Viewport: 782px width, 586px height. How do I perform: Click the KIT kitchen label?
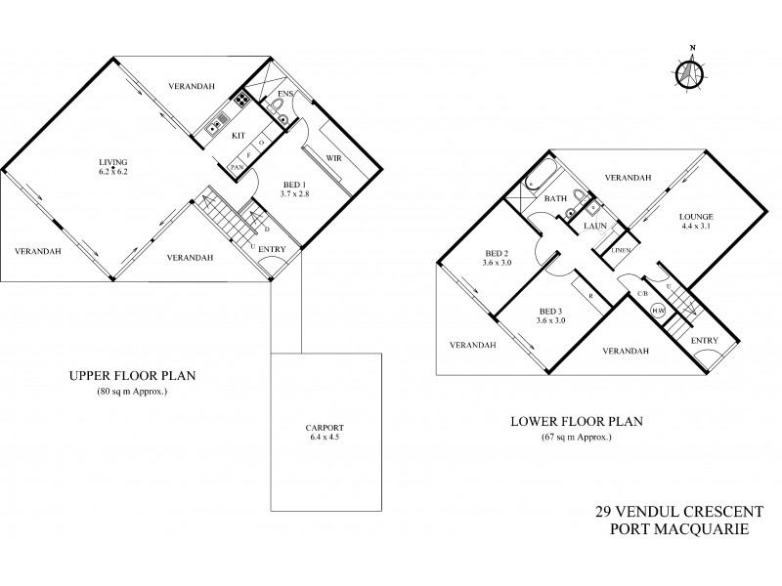[239, 137]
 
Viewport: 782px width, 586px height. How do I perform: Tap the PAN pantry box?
[236, 168]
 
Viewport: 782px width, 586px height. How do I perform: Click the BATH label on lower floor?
[556, 199]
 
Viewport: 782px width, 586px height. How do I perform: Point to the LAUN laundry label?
[596, 227]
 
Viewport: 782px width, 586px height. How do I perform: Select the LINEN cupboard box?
[621, 251]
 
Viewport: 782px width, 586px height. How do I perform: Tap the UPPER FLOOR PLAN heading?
[118, 376]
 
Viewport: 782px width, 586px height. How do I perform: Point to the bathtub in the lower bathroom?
[538, 180]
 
